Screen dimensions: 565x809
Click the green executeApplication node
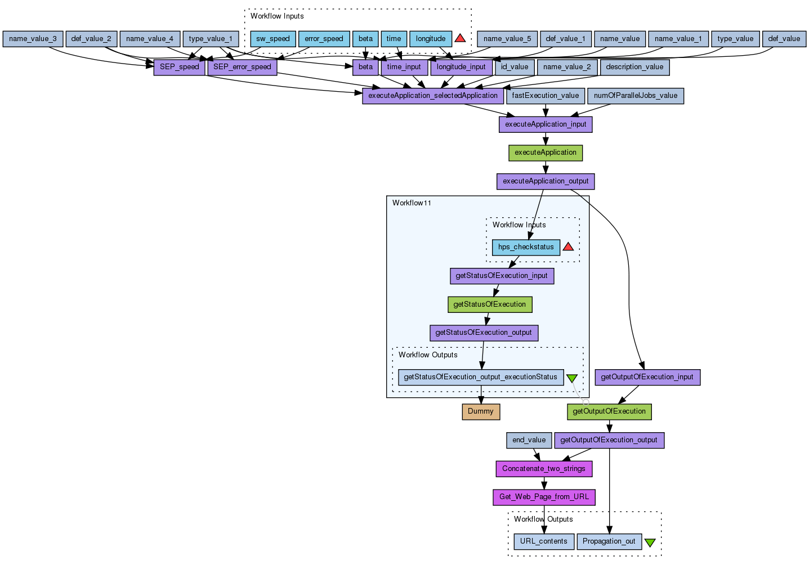point(545,153)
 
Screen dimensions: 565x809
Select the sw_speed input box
point(272,39)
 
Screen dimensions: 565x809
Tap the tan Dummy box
point(481,411)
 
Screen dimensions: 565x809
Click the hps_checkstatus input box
point(526,247)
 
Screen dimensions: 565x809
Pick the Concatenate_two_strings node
point(543,469)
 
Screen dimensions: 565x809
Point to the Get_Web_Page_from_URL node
point(544,497)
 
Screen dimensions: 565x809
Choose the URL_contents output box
point(543,541)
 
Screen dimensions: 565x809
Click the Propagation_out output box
point(609,541)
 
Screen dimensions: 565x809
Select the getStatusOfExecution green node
point(489,304)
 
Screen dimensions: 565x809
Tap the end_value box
point(529,440)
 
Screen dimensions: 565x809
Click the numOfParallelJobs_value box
point(635,96)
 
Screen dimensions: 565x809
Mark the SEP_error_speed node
point(242,67)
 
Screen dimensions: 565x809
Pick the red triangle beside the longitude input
point(460,38)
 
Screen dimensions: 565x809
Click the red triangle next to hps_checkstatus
point(568,246)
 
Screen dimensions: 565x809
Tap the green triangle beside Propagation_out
point(650,542)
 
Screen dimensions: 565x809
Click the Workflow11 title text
point(412,203)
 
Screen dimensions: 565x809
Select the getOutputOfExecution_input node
point(647,377)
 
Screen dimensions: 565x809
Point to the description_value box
point(634,67)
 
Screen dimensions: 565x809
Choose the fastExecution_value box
point(545,96)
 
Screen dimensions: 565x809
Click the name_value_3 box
point(33,39)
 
